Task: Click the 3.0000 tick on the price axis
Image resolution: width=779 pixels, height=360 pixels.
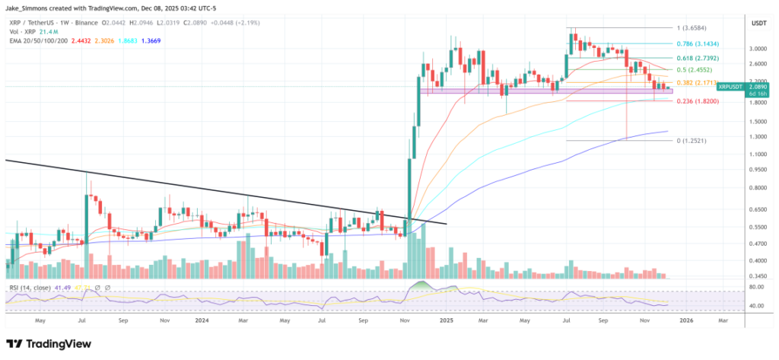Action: pyautogui.click(x=758, y=48)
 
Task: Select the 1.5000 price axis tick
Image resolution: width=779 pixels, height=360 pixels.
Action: pyautogui.click(x=758, y=121)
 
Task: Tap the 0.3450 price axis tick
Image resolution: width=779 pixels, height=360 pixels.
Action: pyautogui.click(x=758, y=276)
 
